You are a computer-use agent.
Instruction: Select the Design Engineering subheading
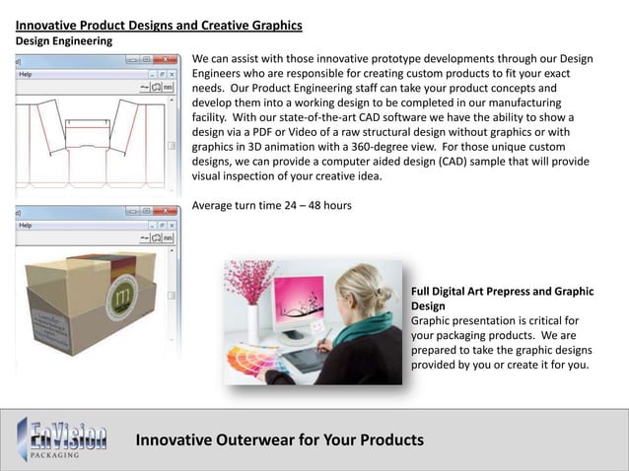point(63,41)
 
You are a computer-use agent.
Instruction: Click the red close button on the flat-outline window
point(167,60)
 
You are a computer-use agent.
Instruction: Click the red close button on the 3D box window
point(167,211)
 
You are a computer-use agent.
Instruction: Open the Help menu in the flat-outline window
point(26,74)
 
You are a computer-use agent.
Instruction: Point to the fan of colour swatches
point(246,360)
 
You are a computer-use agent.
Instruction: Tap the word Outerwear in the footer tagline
point(256,439)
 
